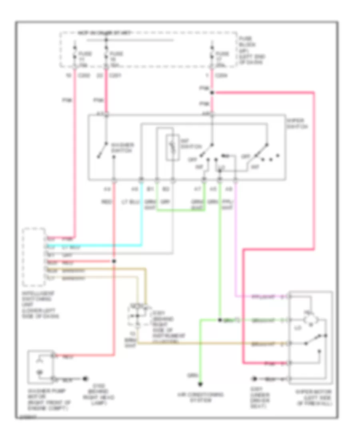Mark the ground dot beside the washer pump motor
[85, 378]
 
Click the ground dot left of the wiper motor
[254, 378]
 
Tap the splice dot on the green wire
[220, 320]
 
